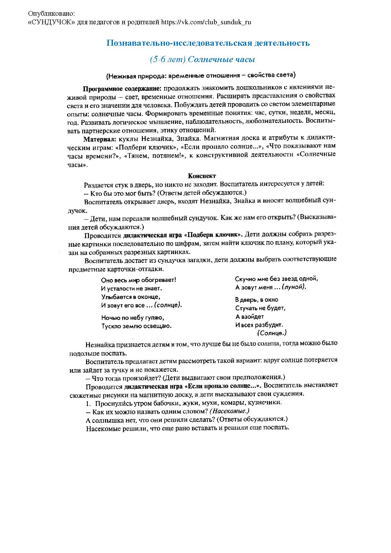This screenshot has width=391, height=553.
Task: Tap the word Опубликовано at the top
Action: pos(51,14)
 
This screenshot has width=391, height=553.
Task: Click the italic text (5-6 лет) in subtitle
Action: pos(167,59)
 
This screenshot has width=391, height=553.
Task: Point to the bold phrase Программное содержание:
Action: pos(122,88)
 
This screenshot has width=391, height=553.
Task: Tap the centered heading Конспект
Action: pos(202,176)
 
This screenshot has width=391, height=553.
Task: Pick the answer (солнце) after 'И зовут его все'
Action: pos(168,305)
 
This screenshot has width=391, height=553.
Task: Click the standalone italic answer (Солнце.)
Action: pos(272,333)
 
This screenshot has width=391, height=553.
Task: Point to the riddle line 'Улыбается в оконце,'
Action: pos(131,297)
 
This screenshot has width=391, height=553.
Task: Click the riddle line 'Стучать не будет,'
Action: pos(260,308)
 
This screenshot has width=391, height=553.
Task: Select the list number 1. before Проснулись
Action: pos(88,403)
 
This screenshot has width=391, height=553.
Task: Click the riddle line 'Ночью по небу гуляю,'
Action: pos(132,317)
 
